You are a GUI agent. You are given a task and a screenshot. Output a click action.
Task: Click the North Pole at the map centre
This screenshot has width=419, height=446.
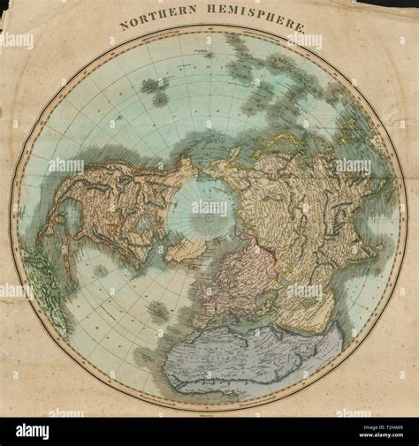[205, 208]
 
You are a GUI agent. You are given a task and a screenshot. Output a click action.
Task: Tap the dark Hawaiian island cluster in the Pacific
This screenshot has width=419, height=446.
[155, 89]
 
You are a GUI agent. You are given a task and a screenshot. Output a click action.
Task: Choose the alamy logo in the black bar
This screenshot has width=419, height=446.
[32, 431]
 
